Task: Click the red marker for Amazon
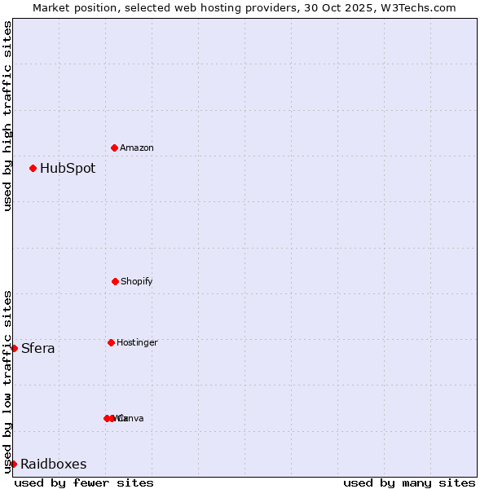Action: pyautogui.click(x=115, y=148)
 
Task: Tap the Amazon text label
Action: pyautogui.click(x=137, y=148)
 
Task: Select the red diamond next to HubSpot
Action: pyautogui.click(x=33, y=169)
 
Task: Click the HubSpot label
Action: pyautogui.click(x=68, y=169)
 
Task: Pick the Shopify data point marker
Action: pyautogui.click(x=115, y=281)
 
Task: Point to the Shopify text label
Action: pyautogui.click(x=137, y=282)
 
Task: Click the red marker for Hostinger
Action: pyautogui.click(x=111, y=342)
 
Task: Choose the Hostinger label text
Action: pyautogui.click(x=137, y=343)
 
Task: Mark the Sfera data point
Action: pyautogui.click(x=14, y=348)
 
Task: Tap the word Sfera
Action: pyautogui.click(x=38, y=349)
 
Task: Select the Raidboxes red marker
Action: pyautogui.click(x=13, y=464)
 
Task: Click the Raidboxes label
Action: pyautogui.click(x=54, y=465)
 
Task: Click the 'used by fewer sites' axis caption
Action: pyautogui.click(x=84, y=482)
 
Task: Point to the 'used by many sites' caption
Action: pyautogui.click(x=409, y=482)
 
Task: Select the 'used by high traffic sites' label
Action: pyautogui.click(x=7, y=116)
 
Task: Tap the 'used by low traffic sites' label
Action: pyautogui.click(x=7, y=381)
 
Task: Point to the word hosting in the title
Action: pyautogui.click(x=222, y=7)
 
